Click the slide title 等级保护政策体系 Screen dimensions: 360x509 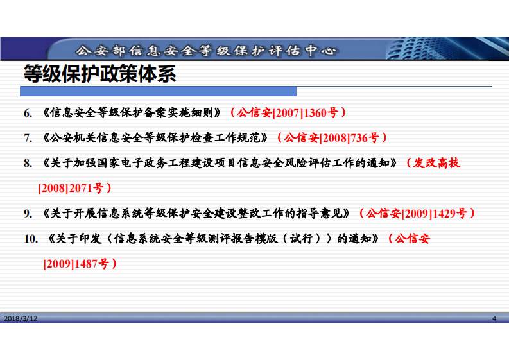99,74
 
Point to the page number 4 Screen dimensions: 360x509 494,318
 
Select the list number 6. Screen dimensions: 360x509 28,113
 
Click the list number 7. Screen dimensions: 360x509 28,137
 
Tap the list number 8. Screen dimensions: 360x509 28,163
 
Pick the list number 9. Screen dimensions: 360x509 28,213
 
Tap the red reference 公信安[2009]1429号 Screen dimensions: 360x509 417,213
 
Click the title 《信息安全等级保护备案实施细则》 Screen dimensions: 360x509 134,113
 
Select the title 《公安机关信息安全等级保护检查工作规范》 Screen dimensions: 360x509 157,137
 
